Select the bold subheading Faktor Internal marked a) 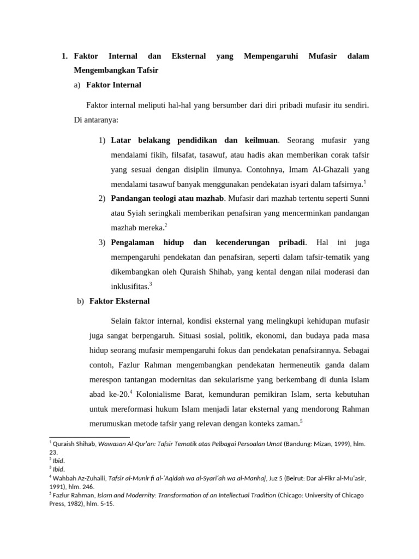[113, 85]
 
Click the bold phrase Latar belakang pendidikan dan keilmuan [194, 141]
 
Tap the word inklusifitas [129, 284]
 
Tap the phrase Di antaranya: [96, 120]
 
